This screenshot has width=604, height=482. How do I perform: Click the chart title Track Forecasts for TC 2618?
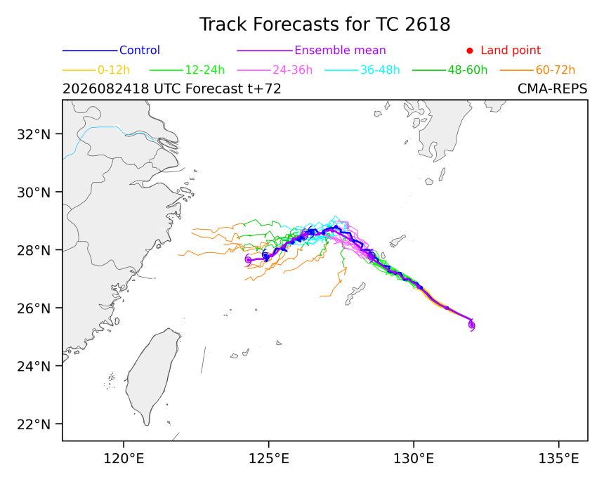click(324, 25)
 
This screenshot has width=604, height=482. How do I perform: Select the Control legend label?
click(140, 50)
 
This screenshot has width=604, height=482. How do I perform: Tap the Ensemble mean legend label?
click(340, 50)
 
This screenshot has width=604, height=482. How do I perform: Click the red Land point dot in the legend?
click(470, 51)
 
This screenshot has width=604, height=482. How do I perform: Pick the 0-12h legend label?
click(114, 70)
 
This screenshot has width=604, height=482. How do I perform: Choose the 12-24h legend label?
click(205, 70)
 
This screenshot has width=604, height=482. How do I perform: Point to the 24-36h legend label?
click(292, 70)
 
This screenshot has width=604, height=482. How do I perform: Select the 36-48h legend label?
click(380, 70)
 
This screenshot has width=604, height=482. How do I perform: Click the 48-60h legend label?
click(467, 70)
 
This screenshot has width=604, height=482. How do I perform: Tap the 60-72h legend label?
click(555, 70)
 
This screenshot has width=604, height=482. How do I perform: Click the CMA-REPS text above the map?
click(553, 89)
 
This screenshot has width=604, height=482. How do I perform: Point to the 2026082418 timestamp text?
click(106, 89)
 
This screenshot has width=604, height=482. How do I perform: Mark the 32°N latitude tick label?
click(34, 134)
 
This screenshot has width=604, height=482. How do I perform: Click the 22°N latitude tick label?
click(34, 424)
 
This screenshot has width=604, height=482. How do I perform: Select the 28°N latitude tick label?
click(34, 250)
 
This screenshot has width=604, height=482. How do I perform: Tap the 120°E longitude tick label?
click(124, 459)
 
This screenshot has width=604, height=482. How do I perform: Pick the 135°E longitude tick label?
click(558, 459)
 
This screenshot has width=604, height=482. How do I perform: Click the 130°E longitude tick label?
click(414, 459)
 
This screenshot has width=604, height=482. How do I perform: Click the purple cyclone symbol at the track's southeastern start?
click(471, 325)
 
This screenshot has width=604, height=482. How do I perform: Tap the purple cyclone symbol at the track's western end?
click(248, 260)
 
